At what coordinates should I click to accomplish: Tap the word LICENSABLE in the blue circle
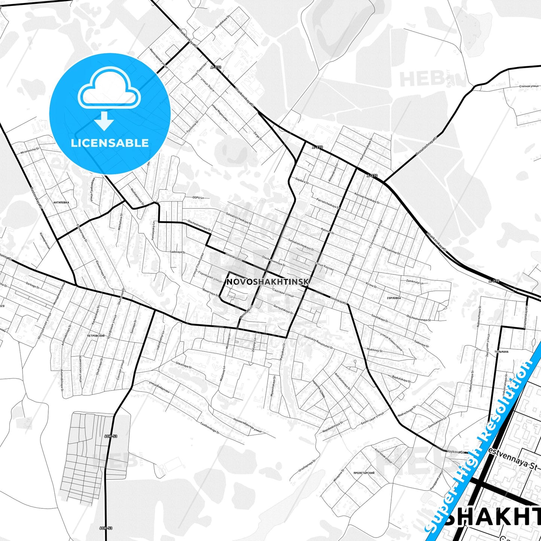click(110, 143)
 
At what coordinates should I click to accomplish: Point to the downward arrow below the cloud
click(104, 121)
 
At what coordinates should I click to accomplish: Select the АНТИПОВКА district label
click(61, 202)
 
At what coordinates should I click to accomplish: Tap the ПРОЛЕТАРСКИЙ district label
click(364, 473)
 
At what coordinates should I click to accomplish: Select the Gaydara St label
click(302, 180)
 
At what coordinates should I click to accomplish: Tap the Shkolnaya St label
click(183, 365)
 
